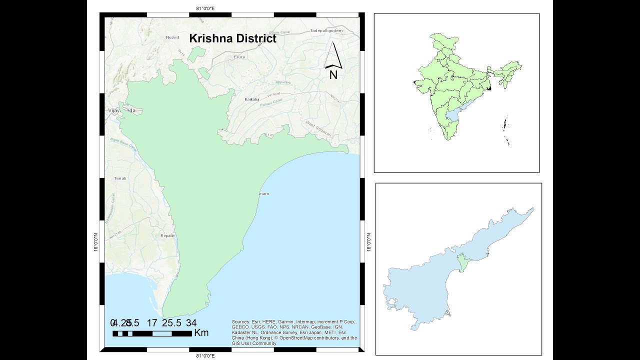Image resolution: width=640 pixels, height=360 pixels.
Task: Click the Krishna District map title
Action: pyautogui.click(x=232, y=38)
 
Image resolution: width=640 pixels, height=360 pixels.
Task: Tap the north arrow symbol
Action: pyautogui.click(x=334, y=56)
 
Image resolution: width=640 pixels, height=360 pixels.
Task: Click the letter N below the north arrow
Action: pyautogui.click(x=333, y=75)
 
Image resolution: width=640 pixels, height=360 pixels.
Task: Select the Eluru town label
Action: pyautogui.click(x=240, y=57)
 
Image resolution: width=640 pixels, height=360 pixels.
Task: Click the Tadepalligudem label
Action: pyautogui.click(x=326, y=30)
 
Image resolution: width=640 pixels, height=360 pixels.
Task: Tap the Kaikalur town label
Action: pyautogui.click(x=252, y=99)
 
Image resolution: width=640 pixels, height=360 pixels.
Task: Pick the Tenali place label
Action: pyautogui.click(x=120, y=178)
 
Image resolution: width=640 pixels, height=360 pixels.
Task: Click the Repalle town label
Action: pyautogui.click(x=167, y=235)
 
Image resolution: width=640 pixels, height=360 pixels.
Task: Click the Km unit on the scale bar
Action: pyautogui.click(x=201, y=333)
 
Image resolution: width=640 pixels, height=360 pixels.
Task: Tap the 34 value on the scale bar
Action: pyautogui.click(x=191, y=322)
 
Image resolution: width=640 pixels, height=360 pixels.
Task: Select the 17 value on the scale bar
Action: pyautogui.click(x=152, y=322)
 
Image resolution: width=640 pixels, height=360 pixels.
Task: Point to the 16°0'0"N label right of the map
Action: pyautogui.click(x=369, y=242)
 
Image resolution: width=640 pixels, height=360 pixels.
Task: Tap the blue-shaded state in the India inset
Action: pyautogui.click(x=453, y=115)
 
